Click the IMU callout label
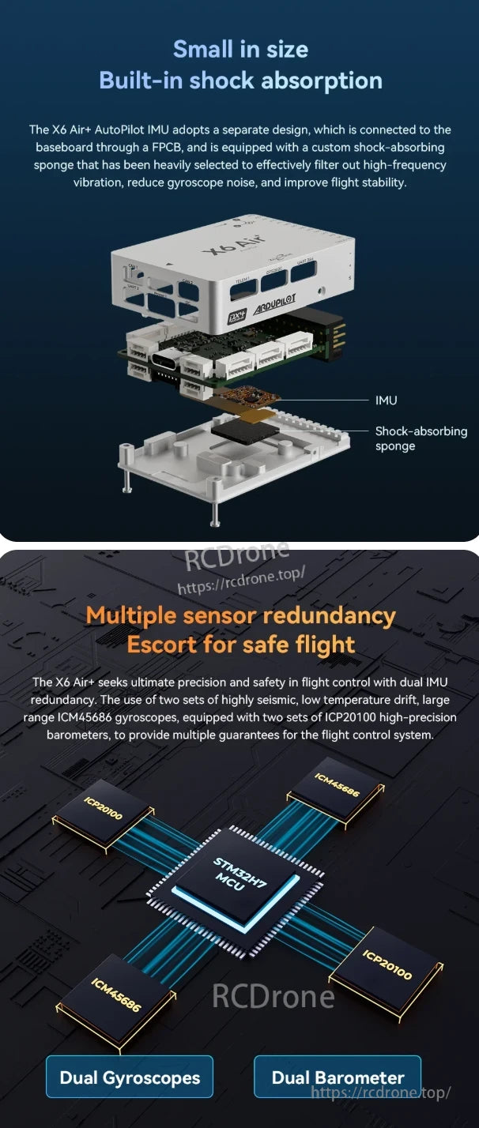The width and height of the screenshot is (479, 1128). point(386,400)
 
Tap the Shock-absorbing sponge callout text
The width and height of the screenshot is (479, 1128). point(421,438)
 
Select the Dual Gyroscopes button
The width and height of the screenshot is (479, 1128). point(130,1077)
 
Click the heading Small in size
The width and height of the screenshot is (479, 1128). point(240,49)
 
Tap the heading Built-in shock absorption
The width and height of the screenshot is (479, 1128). point(240,81)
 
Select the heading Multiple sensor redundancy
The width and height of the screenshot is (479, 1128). point(240,615)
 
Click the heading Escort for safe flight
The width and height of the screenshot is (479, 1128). point(240,645)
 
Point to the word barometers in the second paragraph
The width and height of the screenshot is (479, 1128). point(75,735)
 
